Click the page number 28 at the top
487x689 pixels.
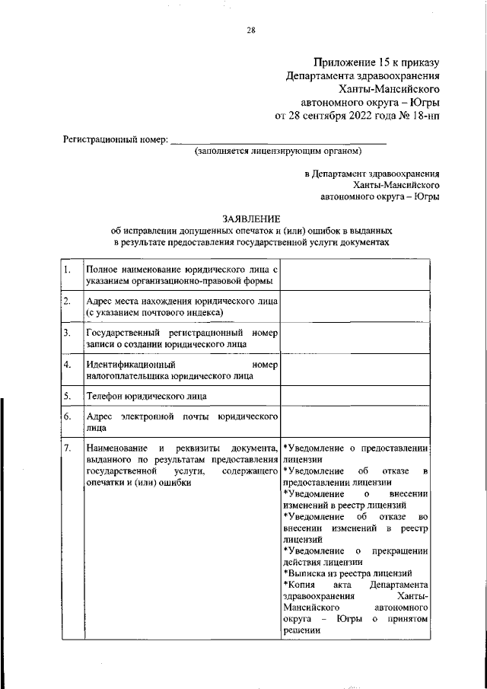[251, 30]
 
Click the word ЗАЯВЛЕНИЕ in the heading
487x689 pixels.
[250, 219]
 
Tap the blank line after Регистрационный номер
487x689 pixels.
[279, 141]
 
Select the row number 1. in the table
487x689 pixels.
[68, 270]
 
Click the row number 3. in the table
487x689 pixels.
[68, 333]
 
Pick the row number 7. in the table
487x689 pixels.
[68, 448]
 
